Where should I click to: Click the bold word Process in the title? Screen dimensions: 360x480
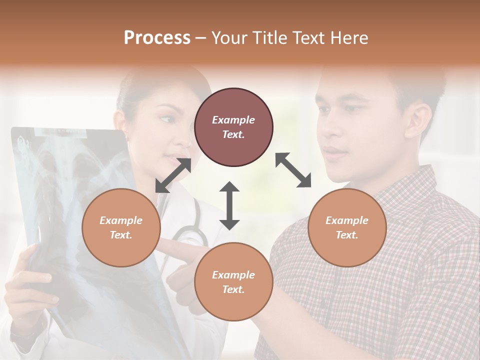(157, 38)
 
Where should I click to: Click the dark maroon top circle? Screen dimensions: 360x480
(233, 127)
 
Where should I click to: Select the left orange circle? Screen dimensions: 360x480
(121, 227)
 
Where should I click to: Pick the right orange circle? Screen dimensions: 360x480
(347, 227)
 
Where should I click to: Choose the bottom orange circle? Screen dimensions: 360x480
(233, 281)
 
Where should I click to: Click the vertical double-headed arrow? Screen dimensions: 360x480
(229, 205)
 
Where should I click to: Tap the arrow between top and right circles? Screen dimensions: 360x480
(293, 170)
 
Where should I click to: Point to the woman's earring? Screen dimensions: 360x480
(125, 136)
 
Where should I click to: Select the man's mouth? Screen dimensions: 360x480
(333, 152)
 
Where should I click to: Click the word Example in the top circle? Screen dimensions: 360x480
(233, 120)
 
